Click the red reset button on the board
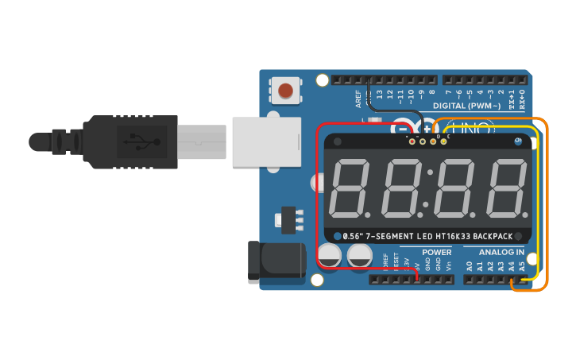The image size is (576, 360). tap(286, 91)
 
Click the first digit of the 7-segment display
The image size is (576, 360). tap(348, 189)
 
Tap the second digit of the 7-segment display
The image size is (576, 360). tap(401, 189)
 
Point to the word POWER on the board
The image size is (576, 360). tap(436, 252)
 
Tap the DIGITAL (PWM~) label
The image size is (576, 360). tap(466, 106)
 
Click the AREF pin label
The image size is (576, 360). tap(358, 98)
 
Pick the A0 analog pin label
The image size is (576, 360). tap(470, 265)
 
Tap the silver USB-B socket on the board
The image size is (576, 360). tap(267, 141)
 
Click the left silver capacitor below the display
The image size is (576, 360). tap(332, 256)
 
